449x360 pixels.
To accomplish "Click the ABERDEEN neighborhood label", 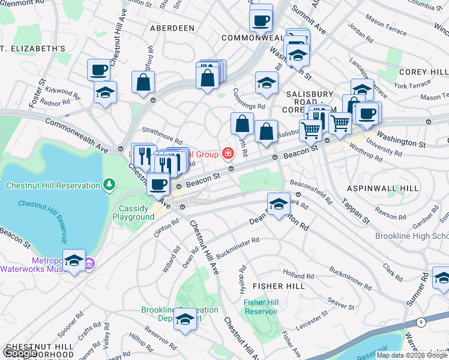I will (x=172, y=28).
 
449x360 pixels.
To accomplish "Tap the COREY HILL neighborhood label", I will (x=423, y=71).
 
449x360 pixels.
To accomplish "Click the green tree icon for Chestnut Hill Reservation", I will (x=109, y=183).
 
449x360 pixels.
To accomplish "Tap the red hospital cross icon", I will (x=228, y=155).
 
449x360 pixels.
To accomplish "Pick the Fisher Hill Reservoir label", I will (x=261, y=307).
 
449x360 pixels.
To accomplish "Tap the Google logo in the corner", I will (x=20, y=353).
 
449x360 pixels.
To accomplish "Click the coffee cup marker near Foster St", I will (x=98, y=70).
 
